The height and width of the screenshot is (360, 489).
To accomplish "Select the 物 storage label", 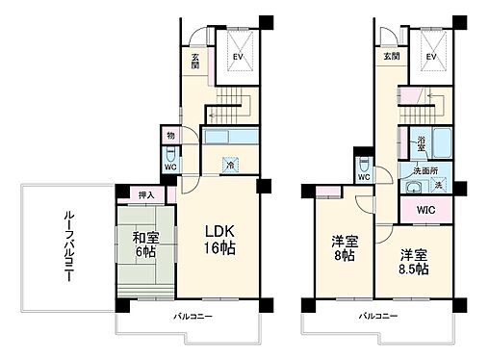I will click(x=169, y=137).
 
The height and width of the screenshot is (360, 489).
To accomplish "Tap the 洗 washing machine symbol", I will click(x=438, y=184).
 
